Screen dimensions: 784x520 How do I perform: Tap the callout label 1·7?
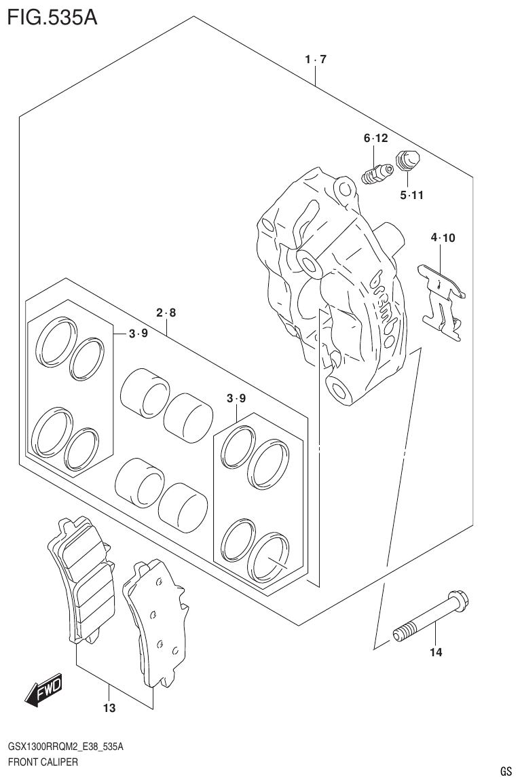coord(316,60)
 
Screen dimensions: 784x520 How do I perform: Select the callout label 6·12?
coord(375,139)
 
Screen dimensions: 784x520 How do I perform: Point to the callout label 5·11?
coord(411,196)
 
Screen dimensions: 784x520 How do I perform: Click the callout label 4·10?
coord(443,238)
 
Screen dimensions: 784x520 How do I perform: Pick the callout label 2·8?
coord(166,313)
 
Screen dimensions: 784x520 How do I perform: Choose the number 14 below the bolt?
coord(435,653)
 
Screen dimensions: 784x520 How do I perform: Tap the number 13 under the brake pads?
coord(109,709)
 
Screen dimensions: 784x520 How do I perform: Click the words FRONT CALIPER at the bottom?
coord(43,762)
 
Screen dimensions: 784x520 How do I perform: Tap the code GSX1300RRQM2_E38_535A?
coord(65,747)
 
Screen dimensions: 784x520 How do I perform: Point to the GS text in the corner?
coord(505,771)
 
